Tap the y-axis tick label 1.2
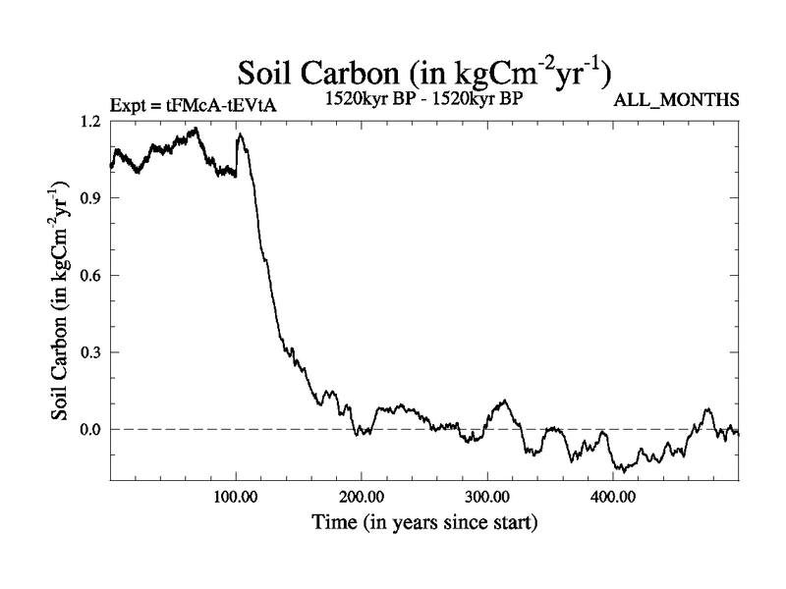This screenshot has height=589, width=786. [x=89, y=121]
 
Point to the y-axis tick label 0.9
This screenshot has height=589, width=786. [x=89, y=197]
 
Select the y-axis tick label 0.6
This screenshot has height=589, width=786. [x=89, y=275]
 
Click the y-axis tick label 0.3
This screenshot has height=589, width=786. [x=89, y=351]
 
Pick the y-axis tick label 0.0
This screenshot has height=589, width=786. [x=89, y=429]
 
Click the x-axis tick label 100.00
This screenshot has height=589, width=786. [x=235, y=497]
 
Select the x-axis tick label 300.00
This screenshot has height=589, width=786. [x=486, y=497]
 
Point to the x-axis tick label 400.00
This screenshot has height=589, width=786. [x=612, y=497]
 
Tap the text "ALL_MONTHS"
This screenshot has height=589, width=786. [x=676, y=100]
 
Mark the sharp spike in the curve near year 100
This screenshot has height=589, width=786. [x=240, y=134]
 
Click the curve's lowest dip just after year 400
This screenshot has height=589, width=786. [x=622, y=470]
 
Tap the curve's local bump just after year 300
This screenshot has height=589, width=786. [x=504, y=401]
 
